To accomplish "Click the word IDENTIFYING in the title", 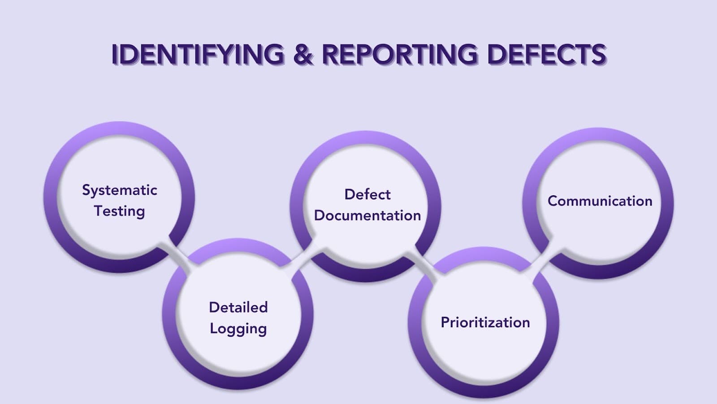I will pos(198,54).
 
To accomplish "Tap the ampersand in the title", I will pos(303,54).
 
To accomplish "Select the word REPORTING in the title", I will pos(400,54).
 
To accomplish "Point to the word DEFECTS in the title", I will pos(546,54).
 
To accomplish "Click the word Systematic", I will pos(120,190).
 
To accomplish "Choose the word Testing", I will pos(120,211).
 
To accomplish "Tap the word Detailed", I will pos(238,307).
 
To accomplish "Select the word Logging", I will pos(238,329).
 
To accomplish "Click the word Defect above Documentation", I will pos(367,194).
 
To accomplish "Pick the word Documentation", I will pos(367,215).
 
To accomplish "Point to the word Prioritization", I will pos(485,322).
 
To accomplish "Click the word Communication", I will pos(600,201).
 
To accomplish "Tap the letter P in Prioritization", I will pos(445,322).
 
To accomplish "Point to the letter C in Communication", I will pos(553,201).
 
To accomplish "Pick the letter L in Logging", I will pos(214,328).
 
